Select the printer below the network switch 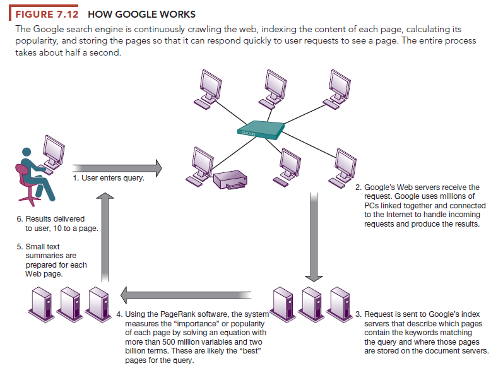(231, 181)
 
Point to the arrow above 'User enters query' (117, 168)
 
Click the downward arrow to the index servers (313, 237)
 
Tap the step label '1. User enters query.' (109, 179)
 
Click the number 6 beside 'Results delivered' (19, 219)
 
